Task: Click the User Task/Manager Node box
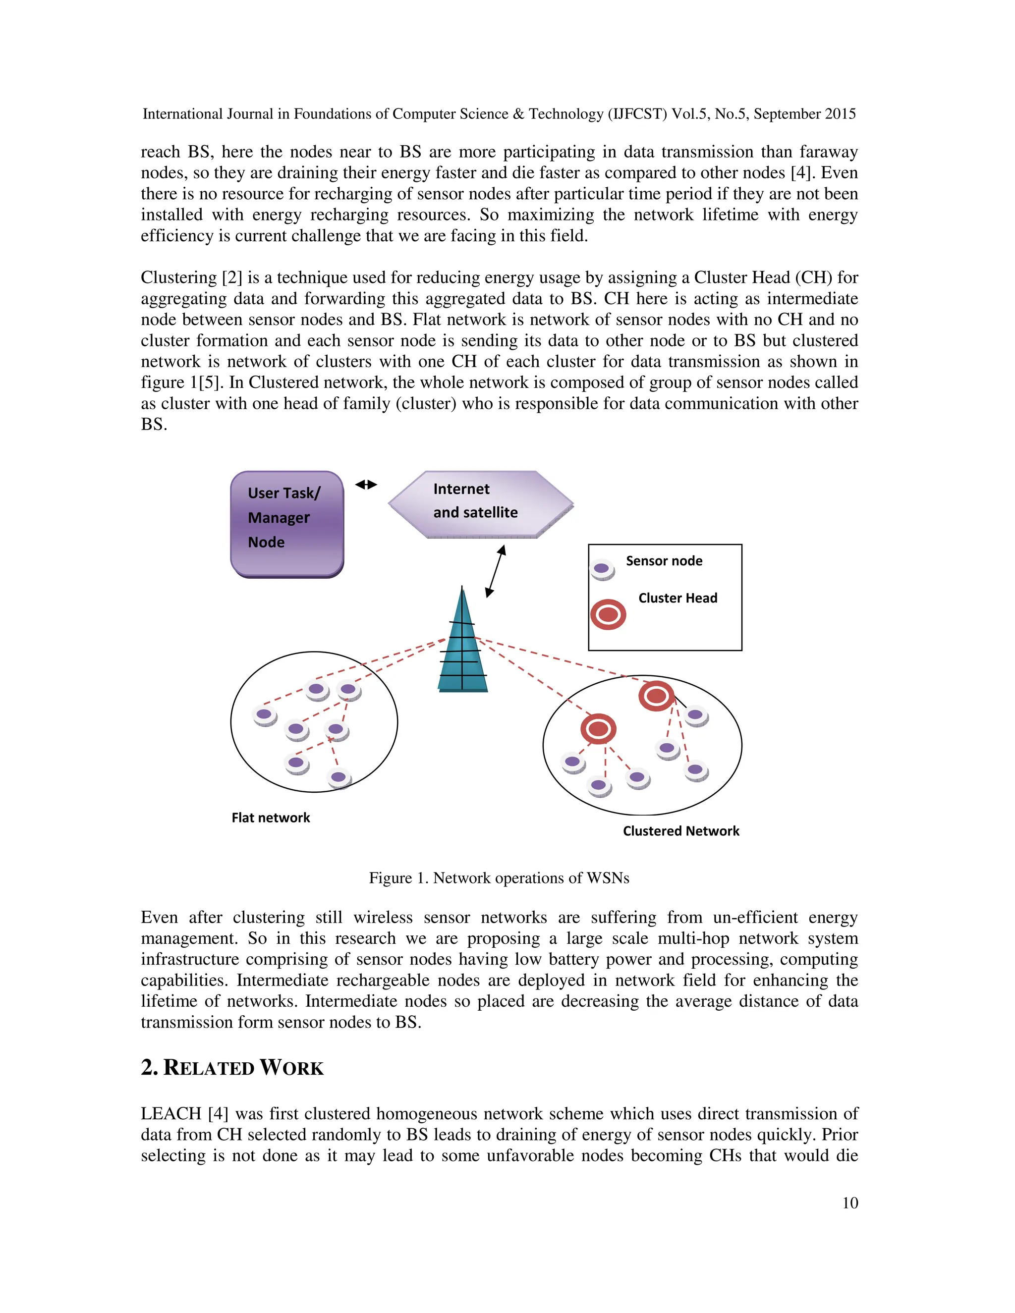[287, 524]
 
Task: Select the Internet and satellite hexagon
[480, 504]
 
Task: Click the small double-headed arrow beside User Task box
[366, 485]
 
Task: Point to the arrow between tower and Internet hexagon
[496, 571]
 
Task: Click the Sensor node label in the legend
[664, 561]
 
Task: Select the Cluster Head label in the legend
[677, 598]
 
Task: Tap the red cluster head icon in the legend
[608, 615]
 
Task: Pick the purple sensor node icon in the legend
[601, 569]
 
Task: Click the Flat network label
[271, 818]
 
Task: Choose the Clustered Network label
[680, 831]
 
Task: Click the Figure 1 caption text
[499, 878]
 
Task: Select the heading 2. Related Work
[232, 1068]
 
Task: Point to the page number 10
[849, 1203]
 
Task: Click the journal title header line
[499, 114]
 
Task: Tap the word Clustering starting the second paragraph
[178, 278]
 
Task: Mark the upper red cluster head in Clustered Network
[656, 696]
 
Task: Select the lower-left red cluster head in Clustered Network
[598, 729]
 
